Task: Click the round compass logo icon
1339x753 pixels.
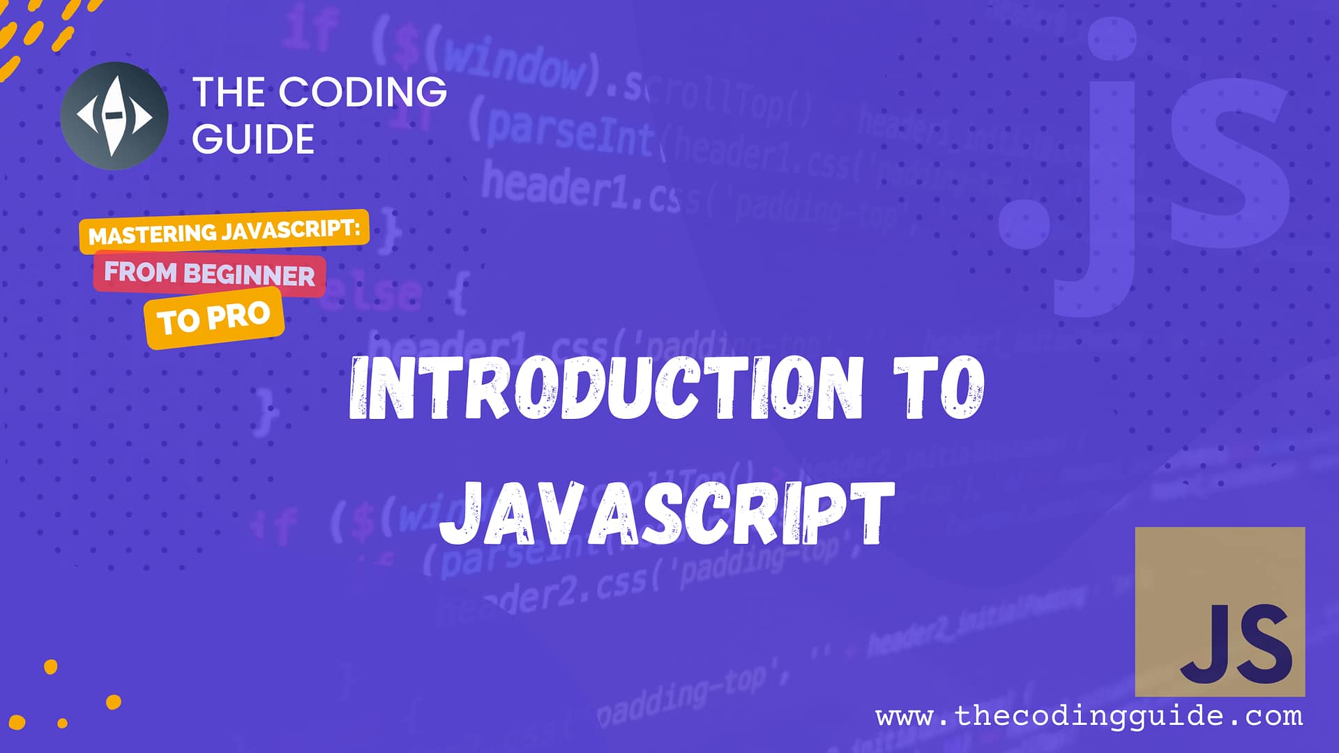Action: coord(114,116)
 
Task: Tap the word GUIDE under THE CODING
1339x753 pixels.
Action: coord(253,139)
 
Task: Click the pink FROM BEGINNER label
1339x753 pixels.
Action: coord(209,274)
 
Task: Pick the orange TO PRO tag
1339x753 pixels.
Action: coord(214,318)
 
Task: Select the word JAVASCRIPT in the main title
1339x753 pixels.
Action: coord(667,515)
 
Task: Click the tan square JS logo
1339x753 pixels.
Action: coord(1220,611)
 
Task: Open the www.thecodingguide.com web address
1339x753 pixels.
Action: coord(1089,716)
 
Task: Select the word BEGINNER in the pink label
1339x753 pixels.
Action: coord(249,275)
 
